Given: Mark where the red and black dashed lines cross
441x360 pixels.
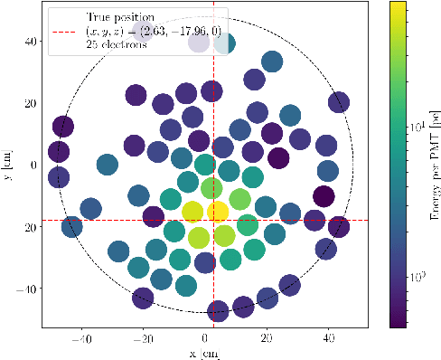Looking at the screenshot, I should coord(213,220).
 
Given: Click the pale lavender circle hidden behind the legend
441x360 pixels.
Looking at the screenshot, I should coord(199,42).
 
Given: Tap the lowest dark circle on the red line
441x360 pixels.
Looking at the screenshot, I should coord(218,312).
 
